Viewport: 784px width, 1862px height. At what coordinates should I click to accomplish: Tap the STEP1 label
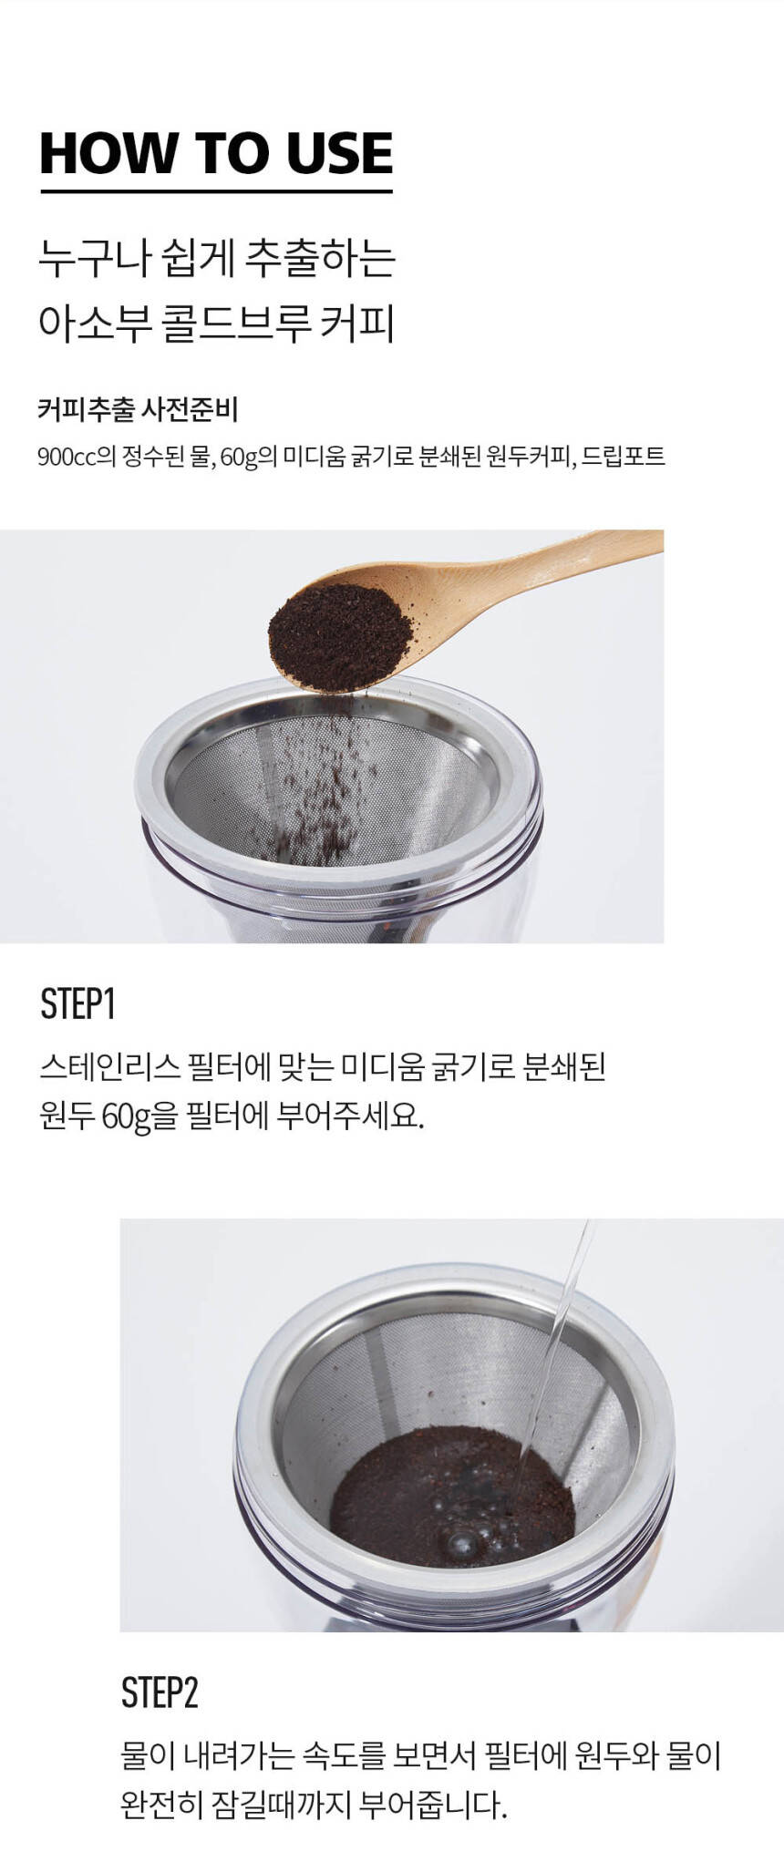point(77,1003)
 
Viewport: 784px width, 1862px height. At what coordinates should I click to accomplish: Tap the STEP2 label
point(159,1692)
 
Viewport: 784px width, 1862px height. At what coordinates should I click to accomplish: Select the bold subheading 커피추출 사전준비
point(138,409)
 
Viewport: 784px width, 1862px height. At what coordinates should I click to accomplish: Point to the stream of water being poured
point(555,1340)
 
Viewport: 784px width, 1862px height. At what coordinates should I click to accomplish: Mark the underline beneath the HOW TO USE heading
point(216,190)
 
